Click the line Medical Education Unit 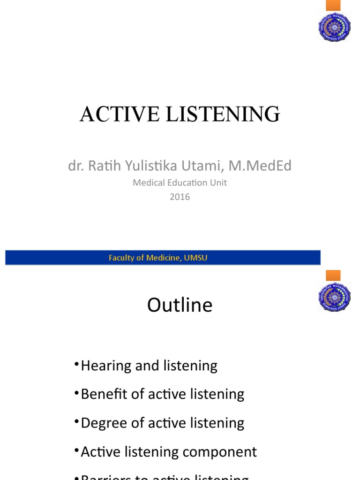180,183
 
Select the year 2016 180,197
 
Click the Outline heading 180,305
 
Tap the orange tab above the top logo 333,5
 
